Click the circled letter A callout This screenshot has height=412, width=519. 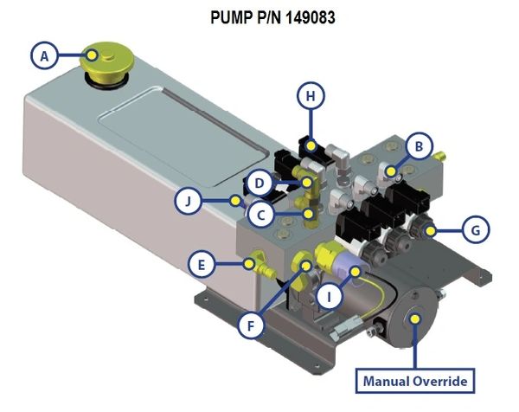pos(44,57)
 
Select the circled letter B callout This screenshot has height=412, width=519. pos(419,146)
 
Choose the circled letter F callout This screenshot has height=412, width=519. pos(253,327)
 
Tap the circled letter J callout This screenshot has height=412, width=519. pos(188,203)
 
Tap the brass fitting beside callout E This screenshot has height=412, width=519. pos(254,263)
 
